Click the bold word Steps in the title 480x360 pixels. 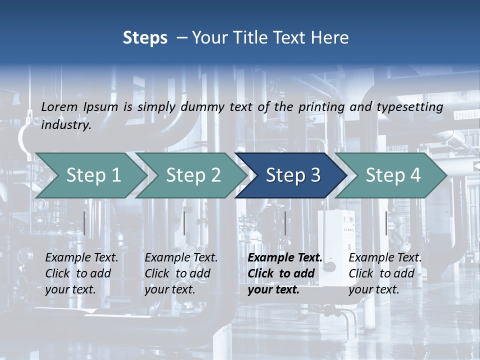[x=145, y=38]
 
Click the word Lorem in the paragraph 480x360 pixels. [x=59, y=106]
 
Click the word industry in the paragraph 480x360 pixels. [x=66, y=125]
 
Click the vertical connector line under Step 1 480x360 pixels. [x=84, y=223]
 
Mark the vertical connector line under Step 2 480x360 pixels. [x=184, y=223]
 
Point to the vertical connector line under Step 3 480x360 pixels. [x=285, y=223]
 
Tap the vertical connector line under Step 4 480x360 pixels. [x=386, y=223]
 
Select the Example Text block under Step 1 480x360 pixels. [x=81, y=273]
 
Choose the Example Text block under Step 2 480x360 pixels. [x=181, y=273]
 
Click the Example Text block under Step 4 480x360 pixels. [x=385, y=273]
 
